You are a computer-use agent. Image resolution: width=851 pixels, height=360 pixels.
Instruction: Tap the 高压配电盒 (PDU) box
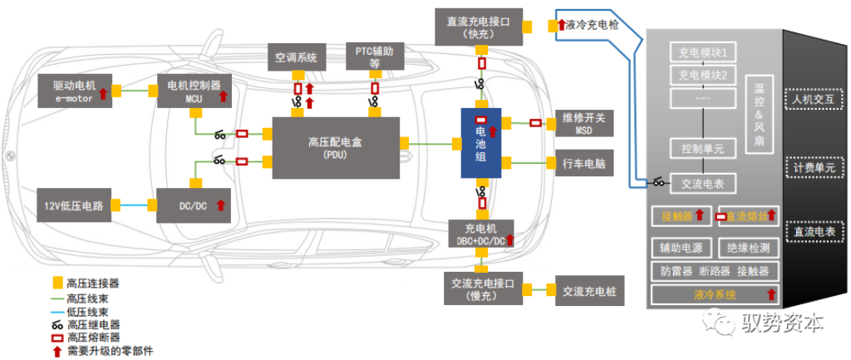335,146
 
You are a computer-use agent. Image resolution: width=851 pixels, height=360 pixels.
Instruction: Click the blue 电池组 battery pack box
481,142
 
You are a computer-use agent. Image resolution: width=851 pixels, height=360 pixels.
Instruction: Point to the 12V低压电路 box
75,205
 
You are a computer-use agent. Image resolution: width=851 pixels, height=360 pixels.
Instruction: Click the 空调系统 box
297,58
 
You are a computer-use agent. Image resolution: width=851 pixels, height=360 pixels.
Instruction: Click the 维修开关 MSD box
583,123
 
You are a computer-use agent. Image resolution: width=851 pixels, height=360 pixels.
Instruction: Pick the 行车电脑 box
583,164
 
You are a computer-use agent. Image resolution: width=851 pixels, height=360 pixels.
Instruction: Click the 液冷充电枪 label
593,26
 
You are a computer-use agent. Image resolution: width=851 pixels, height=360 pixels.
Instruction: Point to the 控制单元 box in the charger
702,149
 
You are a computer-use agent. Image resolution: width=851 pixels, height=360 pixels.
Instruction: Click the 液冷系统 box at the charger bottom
715,294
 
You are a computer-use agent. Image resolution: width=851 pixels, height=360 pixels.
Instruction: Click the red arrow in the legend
57,351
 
